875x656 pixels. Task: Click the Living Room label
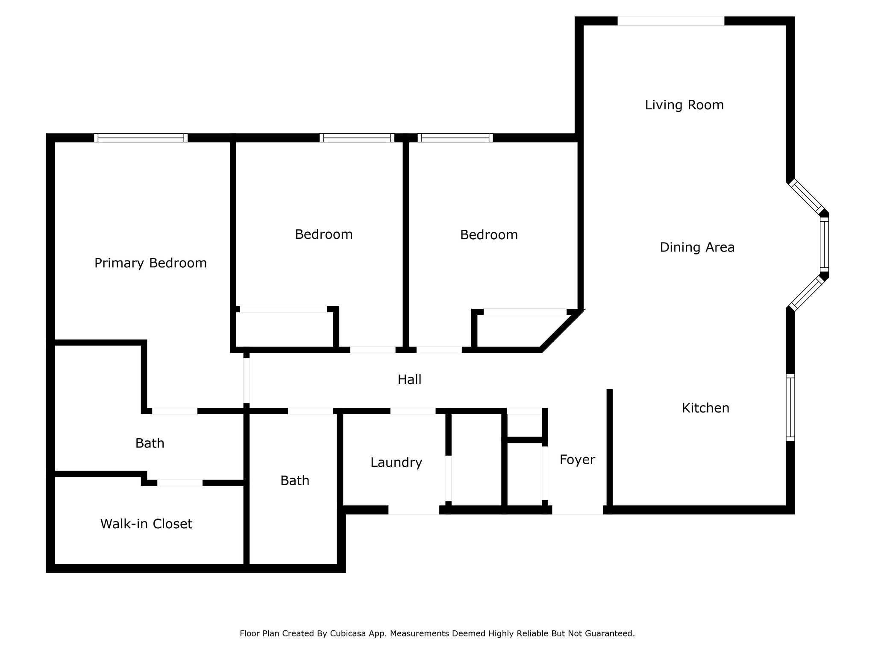[684, 105]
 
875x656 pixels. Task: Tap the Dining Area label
[697, 247]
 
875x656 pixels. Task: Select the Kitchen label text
[705, 408]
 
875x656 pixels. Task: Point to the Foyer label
[577, 460]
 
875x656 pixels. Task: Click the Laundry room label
[396, 463]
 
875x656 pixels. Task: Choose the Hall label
[409, 379]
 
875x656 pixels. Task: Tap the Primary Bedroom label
[150, 263]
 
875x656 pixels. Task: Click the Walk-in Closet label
[146, 524]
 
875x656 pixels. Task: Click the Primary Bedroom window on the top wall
[141, 138]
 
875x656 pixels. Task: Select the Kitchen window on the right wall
[790, 407]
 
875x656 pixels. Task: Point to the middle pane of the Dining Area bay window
[824, 244]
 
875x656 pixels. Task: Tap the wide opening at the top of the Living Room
[671, 20]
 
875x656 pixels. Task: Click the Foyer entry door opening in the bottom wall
[577, 510]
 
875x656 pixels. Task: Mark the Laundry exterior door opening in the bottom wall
[414, 510]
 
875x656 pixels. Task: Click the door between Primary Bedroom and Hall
[247, 380]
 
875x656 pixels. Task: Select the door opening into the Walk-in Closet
[180, 483]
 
